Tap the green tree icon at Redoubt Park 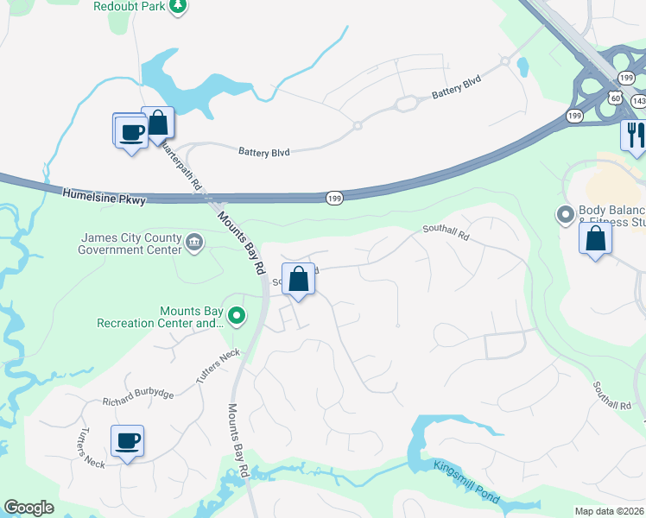coord(177,7)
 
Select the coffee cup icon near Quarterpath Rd coord(130,132)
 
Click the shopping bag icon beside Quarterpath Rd coord(158,123)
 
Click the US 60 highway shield coord(615,98)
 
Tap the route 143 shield coord(638,101)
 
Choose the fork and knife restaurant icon coord(635,134)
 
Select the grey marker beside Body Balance coord(566,213)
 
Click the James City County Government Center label coord(130,244)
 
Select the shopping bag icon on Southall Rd coord(298,279)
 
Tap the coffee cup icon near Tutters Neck coord(128,441)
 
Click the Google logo coord(28,508)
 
